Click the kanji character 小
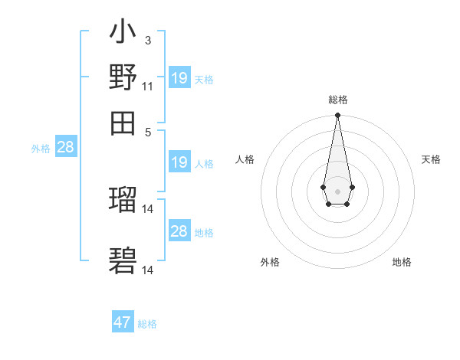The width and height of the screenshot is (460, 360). (123, 33)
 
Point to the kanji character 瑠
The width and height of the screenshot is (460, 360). (123, 200)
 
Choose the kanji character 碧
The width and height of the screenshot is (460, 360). (123, 260)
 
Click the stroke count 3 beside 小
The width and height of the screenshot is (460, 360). (147, 40)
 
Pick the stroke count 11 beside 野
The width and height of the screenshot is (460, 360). (147, 86)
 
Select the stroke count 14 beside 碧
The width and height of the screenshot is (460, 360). (148, 270)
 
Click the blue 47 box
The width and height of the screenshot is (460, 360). (123, 322)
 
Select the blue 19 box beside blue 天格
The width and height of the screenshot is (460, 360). (179, 78)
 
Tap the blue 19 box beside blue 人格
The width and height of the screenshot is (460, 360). (179, 162)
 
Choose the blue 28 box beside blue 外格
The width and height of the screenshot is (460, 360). (65, 148)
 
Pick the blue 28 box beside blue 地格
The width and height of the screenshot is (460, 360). (179, 231)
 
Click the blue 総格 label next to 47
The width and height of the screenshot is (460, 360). (147, 324)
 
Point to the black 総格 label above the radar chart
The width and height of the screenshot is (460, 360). (337, 100)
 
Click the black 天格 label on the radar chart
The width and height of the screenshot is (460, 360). (432, 159)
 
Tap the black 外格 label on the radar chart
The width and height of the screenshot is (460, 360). (270, 262)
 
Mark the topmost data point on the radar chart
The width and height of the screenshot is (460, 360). (337, 116)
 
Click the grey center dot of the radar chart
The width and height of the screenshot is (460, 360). (337, 190)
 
